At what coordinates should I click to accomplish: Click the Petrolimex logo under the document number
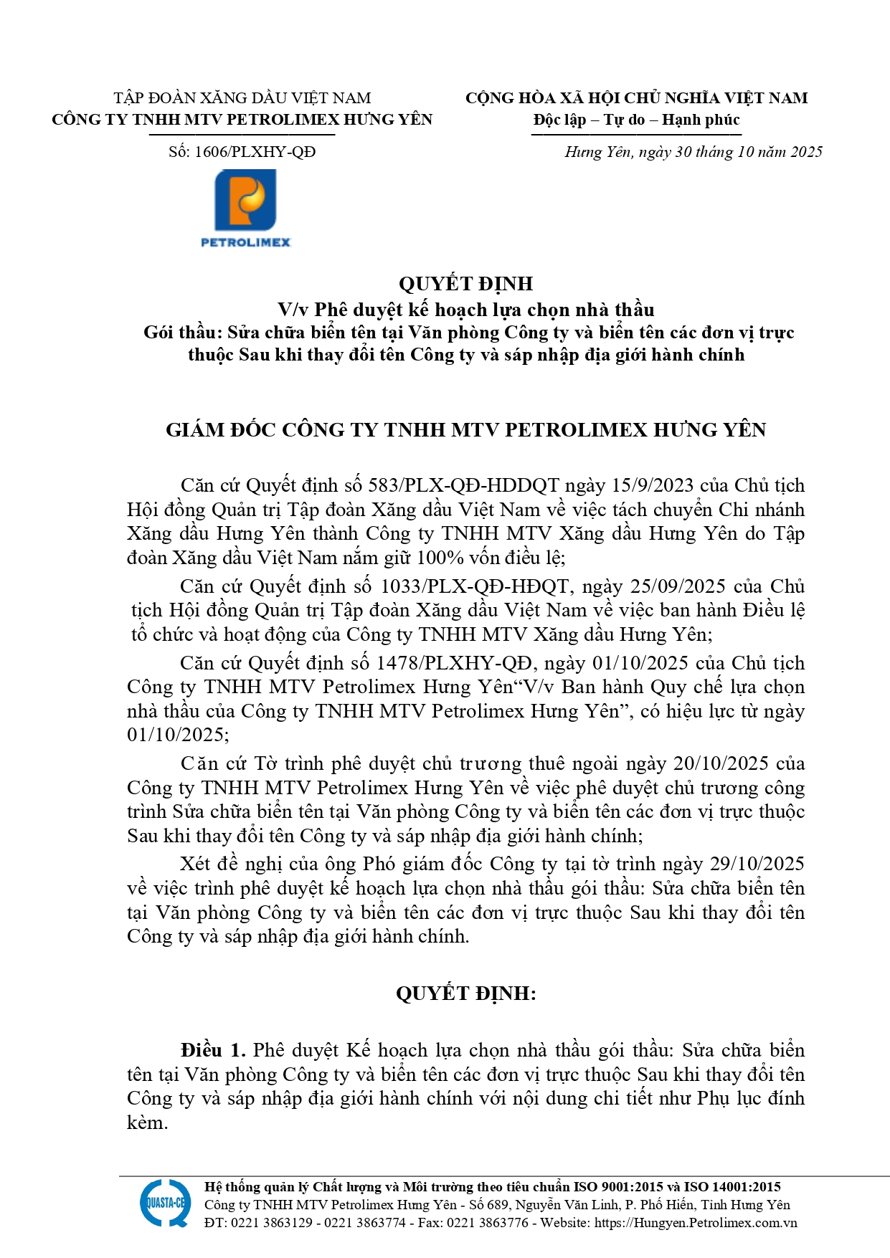pyautogui.click(x=246, y=208)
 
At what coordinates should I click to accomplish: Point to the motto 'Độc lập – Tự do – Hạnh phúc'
pyautogui.click(x=636, y=120)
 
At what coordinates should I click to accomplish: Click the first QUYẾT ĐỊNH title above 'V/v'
pyautogui.click(x=465, y=284)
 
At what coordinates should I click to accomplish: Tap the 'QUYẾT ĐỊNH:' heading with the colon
pyautogui.click(x=465, y=993)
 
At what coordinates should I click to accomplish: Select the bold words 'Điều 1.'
pyautogui.click(x=213, y=1050)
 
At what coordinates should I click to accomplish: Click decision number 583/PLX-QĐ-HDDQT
pyautogui.click(x=463, y=485)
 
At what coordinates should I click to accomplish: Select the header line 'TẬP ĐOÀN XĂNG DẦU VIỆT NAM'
pyautogui.click(x=242, y=98)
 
